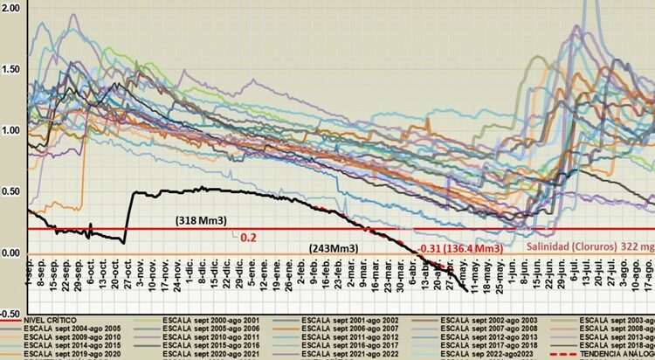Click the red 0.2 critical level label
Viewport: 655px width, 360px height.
(247, 237)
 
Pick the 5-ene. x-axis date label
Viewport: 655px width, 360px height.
(252, 278)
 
